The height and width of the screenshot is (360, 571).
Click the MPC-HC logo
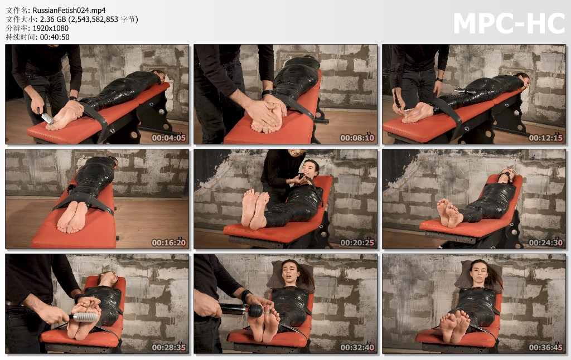click(509, 23)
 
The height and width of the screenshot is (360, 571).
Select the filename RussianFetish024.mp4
click(69, 11)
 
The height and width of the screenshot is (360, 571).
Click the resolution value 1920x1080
click(51, 28)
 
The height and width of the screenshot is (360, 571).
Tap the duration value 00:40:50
click(55, 37)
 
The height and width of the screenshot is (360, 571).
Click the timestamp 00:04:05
click(168, 138)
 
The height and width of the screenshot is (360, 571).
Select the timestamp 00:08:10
click(357, 138)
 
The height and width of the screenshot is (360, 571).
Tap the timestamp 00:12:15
click(545, 138)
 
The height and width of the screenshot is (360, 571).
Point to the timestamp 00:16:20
click(168, 243)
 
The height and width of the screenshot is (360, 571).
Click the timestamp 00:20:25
click(357, 243)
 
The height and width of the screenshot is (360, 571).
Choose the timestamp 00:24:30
click(545, 243)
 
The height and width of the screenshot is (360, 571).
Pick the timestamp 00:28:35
click(168, 348)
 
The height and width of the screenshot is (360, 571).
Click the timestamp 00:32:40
click(357, 348)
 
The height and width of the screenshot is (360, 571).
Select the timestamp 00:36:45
click(545, 348)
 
